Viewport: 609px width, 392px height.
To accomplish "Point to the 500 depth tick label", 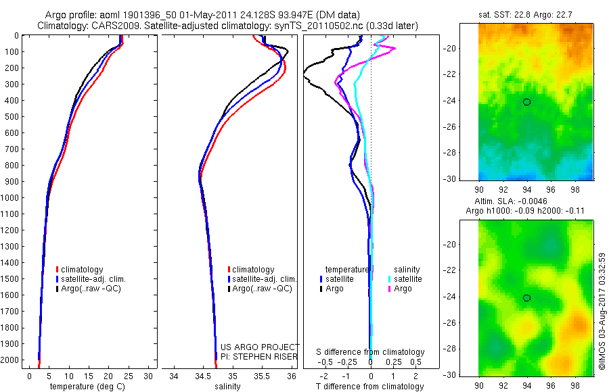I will [10, 116].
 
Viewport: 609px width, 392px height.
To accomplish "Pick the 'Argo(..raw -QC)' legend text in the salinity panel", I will [262, 289].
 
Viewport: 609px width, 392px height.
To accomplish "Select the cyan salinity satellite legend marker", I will [390, 279].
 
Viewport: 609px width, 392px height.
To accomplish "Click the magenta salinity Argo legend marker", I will [390, 289].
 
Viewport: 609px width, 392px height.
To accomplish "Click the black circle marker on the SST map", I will [526, 102].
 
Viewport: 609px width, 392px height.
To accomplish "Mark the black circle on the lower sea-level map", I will [526, 298].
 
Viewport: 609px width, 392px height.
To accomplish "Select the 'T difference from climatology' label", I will [369, 387].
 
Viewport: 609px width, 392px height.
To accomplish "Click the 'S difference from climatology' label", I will [370, 352].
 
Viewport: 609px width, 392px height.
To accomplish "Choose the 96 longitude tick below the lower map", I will [551, 383].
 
